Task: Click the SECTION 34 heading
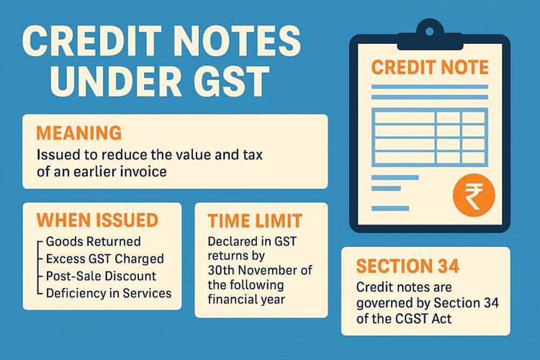coord(408,266)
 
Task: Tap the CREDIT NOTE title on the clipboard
coord(429,68)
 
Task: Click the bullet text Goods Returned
coord(92,242)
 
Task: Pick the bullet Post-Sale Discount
coord(100,276)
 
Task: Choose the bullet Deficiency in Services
coord(109,293)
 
